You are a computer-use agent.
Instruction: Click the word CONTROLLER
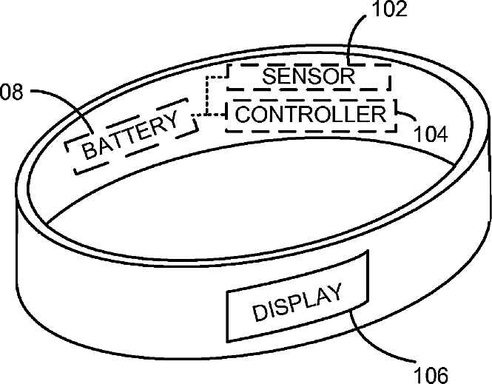pyautogui.click(x=311, y=115)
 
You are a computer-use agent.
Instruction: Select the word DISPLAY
pyautogui.click(x=298, y=303)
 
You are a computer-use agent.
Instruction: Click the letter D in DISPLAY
pyautogui.click(x=260, y=313)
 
